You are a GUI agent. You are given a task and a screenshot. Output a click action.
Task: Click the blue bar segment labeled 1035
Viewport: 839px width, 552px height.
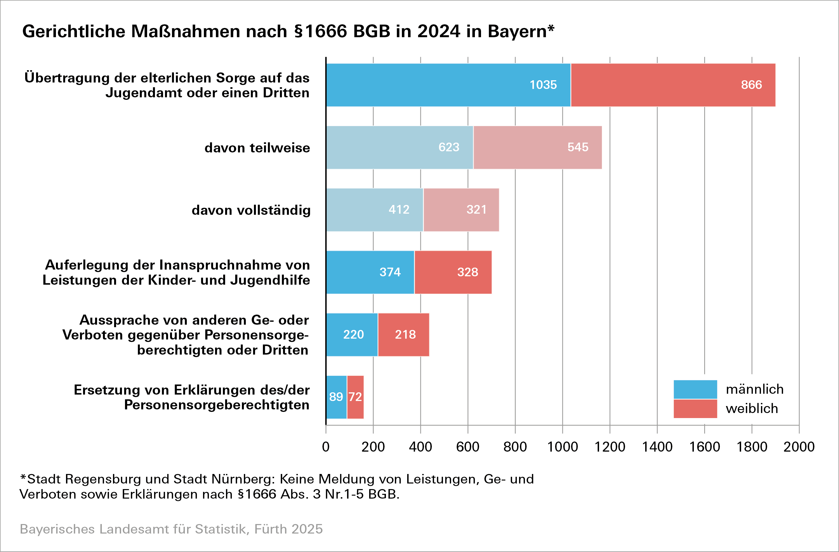pos(448,85)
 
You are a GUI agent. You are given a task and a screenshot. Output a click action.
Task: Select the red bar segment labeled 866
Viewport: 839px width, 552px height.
pos(673,85)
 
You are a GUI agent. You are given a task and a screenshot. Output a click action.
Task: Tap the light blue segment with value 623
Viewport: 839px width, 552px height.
pos(399,147)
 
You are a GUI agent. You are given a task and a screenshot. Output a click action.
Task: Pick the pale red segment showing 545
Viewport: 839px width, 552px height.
pos(537,147)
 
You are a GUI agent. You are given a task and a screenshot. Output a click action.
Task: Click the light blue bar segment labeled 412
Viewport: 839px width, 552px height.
pos(374,210)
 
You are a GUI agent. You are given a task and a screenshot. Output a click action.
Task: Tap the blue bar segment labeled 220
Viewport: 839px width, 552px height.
pos(352,334)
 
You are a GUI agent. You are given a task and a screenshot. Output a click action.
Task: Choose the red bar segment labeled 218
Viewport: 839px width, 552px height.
pos(403,334)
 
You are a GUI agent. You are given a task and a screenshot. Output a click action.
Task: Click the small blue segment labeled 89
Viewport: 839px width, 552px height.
pos(336,397)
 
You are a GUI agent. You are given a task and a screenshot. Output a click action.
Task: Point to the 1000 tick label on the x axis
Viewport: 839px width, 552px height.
pos(562,447)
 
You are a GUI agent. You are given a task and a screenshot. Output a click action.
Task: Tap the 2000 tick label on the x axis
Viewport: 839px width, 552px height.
pos(799,447)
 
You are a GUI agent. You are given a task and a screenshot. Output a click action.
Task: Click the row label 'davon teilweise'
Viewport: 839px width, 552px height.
pos(257,148)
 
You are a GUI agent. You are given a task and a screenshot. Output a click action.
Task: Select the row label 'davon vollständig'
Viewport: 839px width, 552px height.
pos(251,210)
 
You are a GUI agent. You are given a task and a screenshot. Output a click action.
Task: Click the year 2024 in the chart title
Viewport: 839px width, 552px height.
pos(439,31)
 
